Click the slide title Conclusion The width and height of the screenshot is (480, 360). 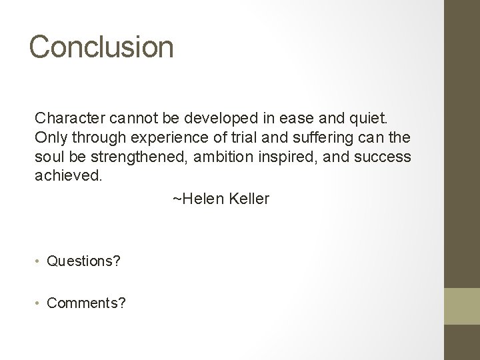coord(101,47)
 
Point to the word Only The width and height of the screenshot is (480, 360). coord(48,137)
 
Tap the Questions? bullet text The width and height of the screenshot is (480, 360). coord(84,261)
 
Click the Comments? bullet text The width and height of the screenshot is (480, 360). coord(87,303)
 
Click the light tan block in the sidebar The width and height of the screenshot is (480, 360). coord(462,305)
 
